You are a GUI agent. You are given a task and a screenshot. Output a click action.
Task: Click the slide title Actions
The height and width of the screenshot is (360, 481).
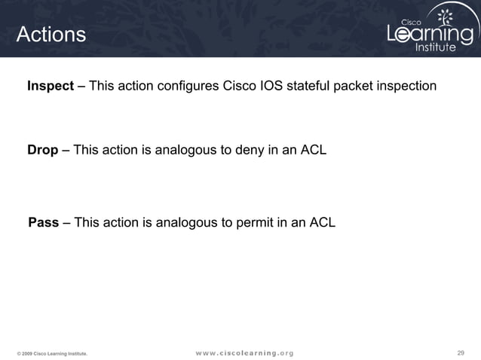pos(51,35)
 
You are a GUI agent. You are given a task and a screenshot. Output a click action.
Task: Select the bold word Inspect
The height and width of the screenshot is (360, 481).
pos(51,86)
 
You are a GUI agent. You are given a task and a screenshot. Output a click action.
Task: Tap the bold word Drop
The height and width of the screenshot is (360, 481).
pos(43,150)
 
